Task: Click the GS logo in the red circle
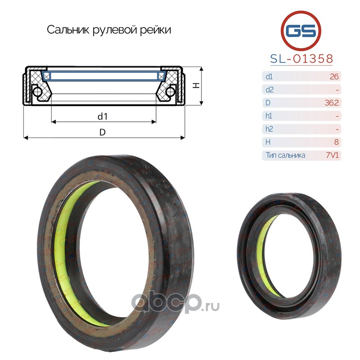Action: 301,31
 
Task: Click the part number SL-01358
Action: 301,58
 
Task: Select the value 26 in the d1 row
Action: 334,76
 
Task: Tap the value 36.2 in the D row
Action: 332,103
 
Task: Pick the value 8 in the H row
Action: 336,142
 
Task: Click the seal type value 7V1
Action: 332,155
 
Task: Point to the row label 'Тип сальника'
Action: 285,155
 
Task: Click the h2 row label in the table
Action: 269,129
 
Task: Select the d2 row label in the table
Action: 269,90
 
